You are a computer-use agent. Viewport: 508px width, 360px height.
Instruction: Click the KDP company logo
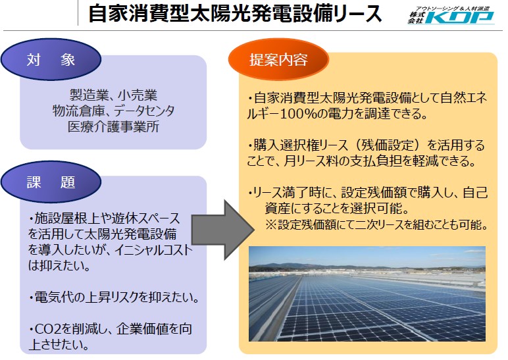(451, 16)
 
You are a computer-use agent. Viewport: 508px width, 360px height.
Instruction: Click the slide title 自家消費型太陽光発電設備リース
(235, 14)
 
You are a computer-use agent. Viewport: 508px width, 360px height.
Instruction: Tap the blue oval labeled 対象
(51, 59)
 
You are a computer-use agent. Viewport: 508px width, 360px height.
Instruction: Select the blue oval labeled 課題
(51, 182)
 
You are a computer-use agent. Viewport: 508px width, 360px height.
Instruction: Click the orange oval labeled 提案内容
(278, 60)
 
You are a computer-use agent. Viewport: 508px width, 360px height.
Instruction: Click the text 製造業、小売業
(113, 95)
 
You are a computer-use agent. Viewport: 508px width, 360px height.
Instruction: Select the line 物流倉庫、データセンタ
(113, 111)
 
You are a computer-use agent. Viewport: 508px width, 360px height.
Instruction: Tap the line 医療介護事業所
(113, 126)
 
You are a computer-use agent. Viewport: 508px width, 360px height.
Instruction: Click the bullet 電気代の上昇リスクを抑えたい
(114, 297)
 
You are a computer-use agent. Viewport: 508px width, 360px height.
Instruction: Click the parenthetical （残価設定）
(388, 145)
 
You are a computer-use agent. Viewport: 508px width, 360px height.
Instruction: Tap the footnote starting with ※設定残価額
(377, 224)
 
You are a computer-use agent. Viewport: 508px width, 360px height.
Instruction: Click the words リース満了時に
(292, 192)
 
